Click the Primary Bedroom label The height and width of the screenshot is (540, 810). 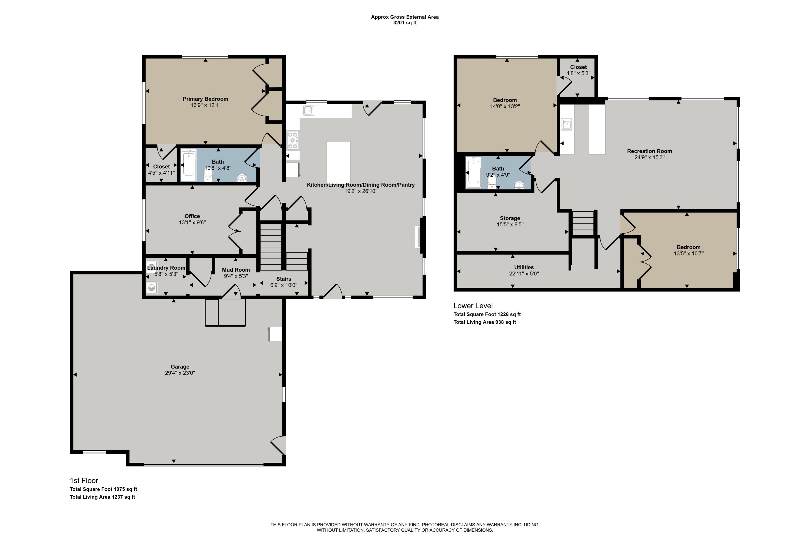click(x=205, y=99)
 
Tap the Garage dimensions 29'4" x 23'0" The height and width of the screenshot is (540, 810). click(x=180, y=373)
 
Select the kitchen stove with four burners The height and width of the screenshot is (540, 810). click(x=292, y=140)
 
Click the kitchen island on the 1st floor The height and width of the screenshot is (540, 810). click(x=338, y=162)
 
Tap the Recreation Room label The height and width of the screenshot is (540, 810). click(x=650, y=151)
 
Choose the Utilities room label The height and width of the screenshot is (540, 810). click(x=524, y=267)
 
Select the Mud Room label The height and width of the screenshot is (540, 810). click(x=236, y=270)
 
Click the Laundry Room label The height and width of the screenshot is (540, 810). click(x=166, y=268)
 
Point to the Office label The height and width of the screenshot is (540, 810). click(x=192, y=216)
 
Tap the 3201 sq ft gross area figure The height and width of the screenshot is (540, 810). click(x=405, y=23)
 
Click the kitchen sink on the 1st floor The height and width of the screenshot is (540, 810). click(x=309, y=110)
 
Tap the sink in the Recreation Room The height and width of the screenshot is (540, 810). click(x=566, y=124)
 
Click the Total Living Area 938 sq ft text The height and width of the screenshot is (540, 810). click(x=485, y=322)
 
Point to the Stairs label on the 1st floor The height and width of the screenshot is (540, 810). click(x=283, y=279)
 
